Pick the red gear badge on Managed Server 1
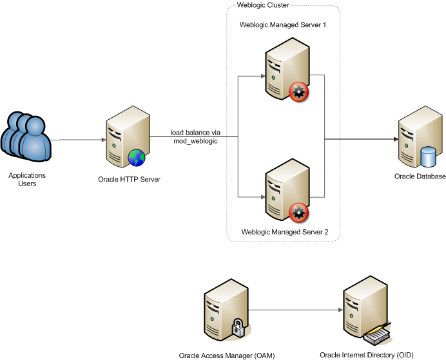point(298,92)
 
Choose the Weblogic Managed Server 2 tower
point(284,189)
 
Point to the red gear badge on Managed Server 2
point(298,213)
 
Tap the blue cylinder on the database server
point(428,156)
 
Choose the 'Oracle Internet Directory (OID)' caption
point(366,354)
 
